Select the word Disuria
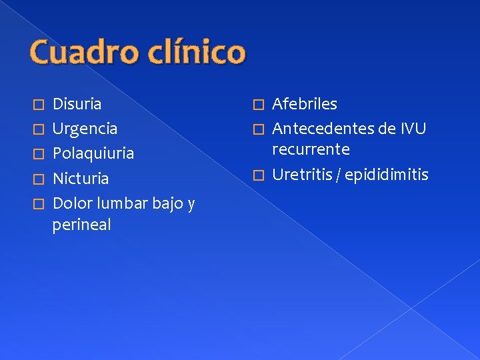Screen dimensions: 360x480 point(77,104)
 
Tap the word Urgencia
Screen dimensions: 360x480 point(85,129)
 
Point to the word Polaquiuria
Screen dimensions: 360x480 point(93,153)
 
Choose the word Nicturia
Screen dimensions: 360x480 point(81,179)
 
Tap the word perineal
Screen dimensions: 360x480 point(81,225)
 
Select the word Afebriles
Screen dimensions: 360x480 point(305,104)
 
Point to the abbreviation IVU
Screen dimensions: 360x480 point(413,129)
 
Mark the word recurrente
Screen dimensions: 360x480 point(311,148)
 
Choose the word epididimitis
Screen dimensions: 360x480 point(387,175)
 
